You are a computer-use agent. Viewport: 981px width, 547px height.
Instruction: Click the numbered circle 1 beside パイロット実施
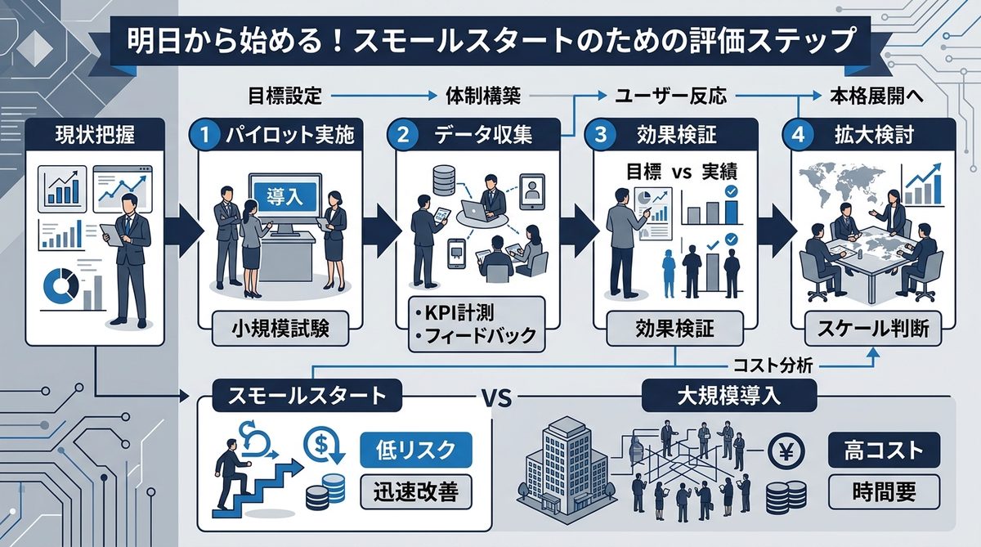[x=205, y=136]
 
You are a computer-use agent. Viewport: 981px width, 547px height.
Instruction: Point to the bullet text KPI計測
[x=454, y=313]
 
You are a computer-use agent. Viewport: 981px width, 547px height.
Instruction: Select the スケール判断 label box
[x=873, y=331]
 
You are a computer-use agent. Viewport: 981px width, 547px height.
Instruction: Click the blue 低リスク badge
[x=416, y=450]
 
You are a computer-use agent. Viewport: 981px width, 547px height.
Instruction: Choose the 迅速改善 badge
[x=416, y=491]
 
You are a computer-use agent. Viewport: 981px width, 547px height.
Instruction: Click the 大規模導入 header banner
[x=730, y=398]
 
